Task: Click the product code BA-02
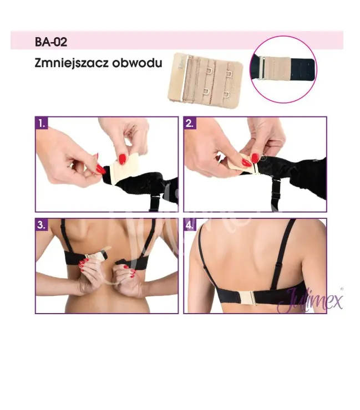coord(51,42)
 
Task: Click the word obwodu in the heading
coord(137,63)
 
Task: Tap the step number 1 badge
coord(42,124)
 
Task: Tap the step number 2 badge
coord(190,124)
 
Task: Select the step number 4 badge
coord(190,225)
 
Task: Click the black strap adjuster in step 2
coord(276,195)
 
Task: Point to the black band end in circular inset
coord(302,69)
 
